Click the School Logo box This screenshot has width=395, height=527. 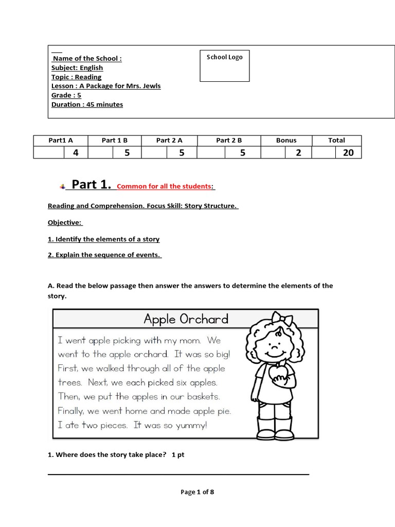click(224, 65)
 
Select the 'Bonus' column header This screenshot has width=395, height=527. click(286, 140)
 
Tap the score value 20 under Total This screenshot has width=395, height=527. click(348, 152)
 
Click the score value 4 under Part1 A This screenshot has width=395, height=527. click(76, 152)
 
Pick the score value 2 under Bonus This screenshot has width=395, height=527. click(298, 152)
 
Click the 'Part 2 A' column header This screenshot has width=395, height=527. click(169, 140)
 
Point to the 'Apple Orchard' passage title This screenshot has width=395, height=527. click(186, 319)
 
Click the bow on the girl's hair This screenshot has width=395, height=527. click(282, 320)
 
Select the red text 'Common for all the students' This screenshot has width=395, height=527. click(164, 186)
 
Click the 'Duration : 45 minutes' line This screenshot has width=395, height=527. click(87, 104)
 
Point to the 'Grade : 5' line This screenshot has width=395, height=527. click(66, 95)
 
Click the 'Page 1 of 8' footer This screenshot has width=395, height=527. click(197, 492)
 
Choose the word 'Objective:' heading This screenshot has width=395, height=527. click(65, 222)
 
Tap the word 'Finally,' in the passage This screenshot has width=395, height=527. click(71, 411)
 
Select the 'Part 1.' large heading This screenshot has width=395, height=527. click(91, 185)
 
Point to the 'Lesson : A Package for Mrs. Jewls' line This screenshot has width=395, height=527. click(106, 86)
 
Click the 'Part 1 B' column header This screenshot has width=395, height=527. click(114, 140)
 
